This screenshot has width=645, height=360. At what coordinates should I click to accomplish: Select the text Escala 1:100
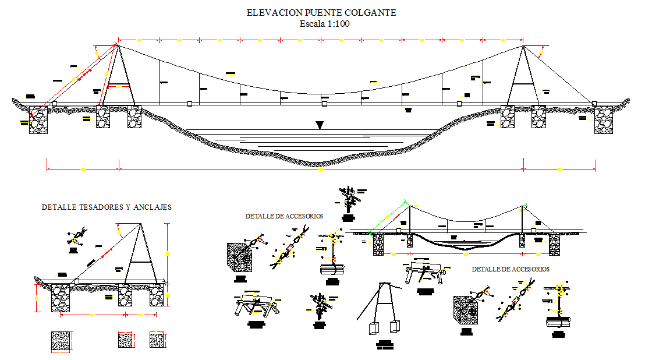coord(324,24)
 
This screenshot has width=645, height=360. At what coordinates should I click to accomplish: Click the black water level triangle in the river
coord(319,125)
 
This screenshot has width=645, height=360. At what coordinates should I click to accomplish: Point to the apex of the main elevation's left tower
coord(118,45)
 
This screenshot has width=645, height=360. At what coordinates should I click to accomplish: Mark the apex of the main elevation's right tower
coord(523,46)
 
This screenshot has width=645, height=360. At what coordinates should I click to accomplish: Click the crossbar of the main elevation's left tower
coord(118,83)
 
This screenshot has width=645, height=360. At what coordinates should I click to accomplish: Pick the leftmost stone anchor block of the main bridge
coord(38,119)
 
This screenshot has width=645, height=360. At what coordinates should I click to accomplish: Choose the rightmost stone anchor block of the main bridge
coord(604,119)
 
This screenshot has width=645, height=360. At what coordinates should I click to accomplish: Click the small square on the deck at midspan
coord(324,104)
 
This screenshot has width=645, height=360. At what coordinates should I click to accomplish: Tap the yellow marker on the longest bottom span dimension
coord(321,170)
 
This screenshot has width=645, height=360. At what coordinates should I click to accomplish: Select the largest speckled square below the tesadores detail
coord(62,341)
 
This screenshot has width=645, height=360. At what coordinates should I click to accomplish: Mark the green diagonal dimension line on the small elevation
coord(389,216)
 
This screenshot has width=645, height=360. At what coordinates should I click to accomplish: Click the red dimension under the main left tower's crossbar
coord(118,87)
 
